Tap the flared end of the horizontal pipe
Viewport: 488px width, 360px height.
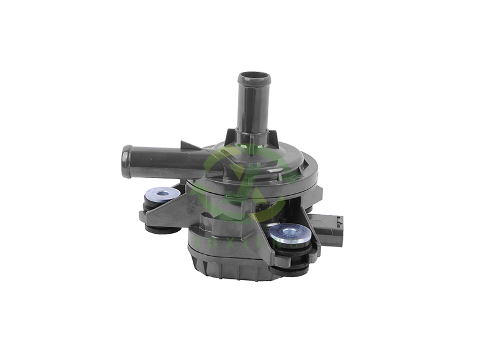[x=127, y=162]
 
